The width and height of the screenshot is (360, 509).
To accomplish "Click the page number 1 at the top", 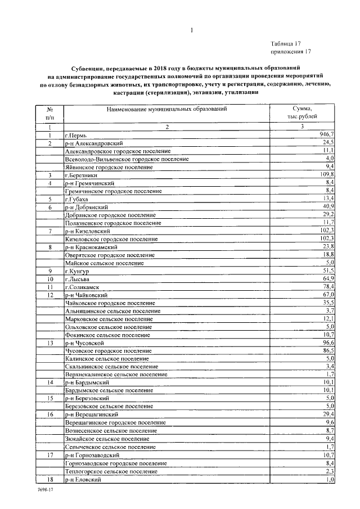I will pyautogui.click(x=191, y=31).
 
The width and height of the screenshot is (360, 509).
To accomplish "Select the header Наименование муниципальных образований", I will pyautogui.click(x=167, y=108).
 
